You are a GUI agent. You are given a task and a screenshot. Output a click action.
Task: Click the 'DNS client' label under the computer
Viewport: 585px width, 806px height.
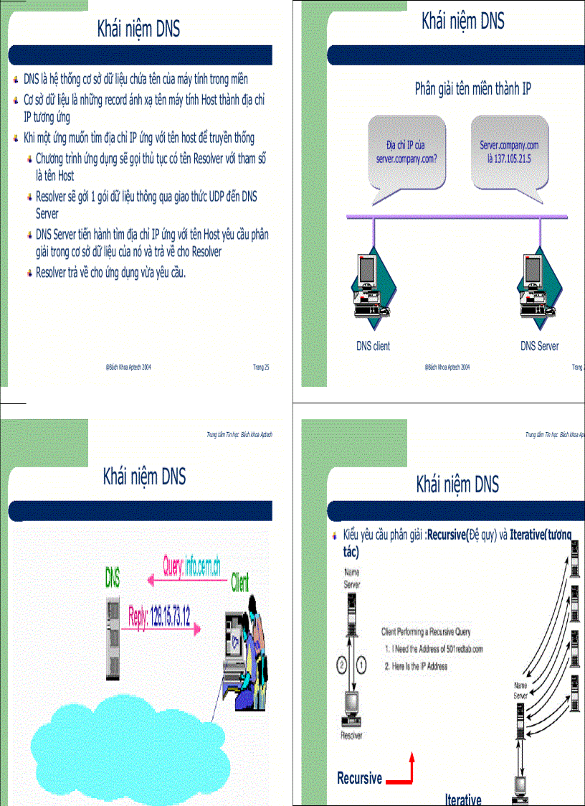coord(373,346)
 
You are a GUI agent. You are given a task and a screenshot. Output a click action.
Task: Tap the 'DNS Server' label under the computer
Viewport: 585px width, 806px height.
coord(539,346)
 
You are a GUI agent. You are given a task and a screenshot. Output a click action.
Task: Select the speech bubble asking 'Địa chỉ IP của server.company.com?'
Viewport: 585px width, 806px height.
coord(406,152)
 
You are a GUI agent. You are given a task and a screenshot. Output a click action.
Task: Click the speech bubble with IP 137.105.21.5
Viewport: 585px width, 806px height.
coord(509,152)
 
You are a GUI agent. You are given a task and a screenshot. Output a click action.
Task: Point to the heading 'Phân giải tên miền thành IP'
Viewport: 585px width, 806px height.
coord(472,89)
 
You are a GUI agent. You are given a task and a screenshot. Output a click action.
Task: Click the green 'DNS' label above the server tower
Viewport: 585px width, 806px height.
coord(113,576)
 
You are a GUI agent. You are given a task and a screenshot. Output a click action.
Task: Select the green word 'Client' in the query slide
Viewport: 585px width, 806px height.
coord(240,583)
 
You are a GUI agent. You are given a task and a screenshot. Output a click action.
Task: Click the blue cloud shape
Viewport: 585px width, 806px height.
coord(129,746)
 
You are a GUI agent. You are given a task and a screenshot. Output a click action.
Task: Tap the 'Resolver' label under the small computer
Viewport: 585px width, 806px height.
coord(351,735)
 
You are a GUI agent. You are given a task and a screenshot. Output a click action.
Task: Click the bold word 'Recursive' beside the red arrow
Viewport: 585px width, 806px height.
coord(359,778)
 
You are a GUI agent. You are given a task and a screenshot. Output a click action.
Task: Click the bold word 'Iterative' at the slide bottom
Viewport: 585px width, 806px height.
coord(463,800)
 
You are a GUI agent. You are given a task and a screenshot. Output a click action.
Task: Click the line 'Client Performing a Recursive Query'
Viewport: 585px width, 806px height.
coord(426,632)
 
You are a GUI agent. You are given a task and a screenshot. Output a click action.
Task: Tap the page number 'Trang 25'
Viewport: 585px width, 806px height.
coord(261,367)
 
